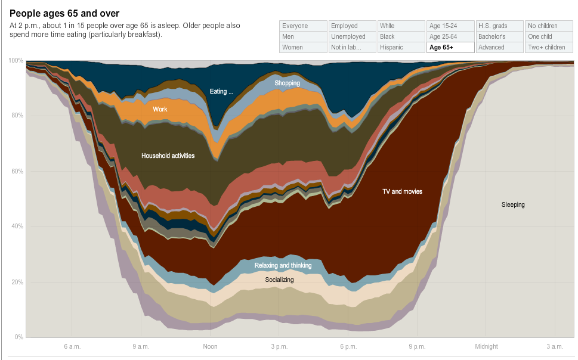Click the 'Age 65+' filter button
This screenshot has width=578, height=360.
pyautogui.click(x=450, y=48)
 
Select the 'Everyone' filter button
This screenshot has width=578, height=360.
pyautogui.click(x=303, y=26)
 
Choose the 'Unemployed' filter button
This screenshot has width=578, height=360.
pyautogui.click(x=352, y=37)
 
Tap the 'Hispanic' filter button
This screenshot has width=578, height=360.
pyautogui.click(x=401, y=48)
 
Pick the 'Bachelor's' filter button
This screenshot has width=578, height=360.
pyautogui.click(x=499, y=37)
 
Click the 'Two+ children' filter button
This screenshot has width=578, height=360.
pyautogui.click(x=548, y=48)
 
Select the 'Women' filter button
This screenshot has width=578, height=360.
pyautogui.click(x=303, y=48)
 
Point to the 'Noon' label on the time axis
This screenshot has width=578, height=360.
pyautogui.click(x=210, y=346)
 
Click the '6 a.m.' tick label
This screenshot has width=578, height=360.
pyautogui.click(x=72, y=346)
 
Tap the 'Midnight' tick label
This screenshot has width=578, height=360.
pyautogui.click(x=486, y=346)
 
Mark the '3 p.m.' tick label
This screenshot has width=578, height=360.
pyautogui.click(x=279, y=346)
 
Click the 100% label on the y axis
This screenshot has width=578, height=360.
pyautogui.click(x=16, y=61)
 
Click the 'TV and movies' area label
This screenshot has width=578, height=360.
pyautogui.click(x=402, y=192)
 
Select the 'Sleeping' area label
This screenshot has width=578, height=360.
pyautogui.click(x=513, y=205)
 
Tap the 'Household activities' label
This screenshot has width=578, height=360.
pyautogui.click(x=168, y=156)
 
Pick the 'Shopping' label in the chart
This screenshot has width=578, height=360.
pyautogui.click(x=287, y=83)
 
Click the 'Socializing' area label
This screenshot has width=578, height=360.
pyautogui.click(x=279, y=280)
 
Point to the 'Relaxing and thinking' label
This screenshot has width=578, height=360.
pyautogui.click(x=283, y=266)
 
